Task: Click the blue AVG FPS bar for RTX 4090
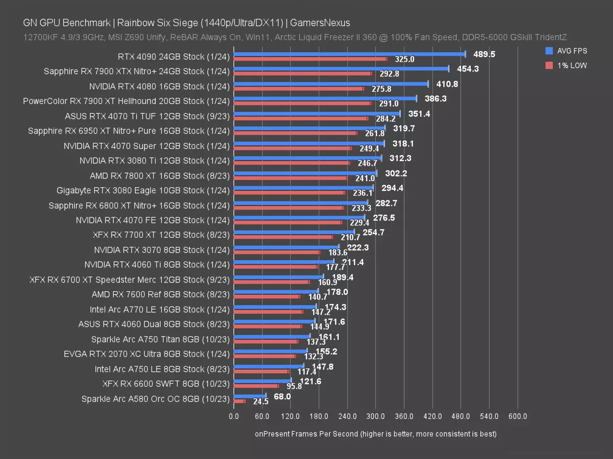(349, 54)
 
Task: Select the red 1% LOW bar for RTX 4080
(298, 88)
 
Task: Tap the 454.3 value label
(468, 69)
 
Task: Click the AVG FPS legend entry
(566, 50)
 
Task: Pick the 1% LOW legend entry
(566, 65)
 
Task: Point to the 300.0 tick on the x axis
(375, 417)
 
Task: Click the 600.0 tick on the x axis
(518, 417)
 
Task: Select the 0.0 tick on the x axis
(234, 417)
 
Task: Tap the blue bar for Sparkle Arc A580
(249, 396)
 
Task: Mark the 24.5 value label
(261, 402)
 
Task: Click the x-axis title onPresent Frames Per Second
(375, 434)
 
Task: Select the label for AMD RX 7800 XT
(160, 175)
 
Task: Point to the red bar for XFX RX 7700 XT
(283, 237)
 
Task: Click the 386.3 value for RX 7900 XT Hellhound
(436, 98)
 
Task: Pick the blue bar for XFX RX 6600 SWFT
(262, 381)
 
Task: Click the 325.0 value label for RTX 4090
(404, 60)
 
